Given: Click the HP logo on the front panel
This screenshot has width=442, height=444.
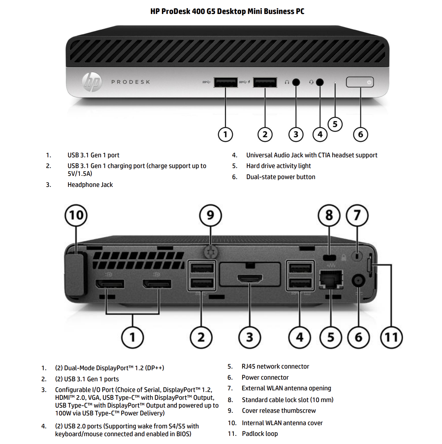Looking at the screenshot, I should [92, 82].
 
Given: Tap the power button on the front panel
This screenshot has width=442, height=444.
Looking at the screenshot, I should [360, 82].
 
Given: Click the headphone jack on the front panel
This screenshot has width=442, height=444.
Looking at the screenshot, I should [296, 82].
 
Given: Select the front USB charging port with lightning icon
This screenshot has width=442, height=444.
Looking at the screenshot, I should [265, 82].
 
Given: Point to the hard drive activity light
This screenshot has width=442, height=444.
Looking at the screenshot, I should [335, 83].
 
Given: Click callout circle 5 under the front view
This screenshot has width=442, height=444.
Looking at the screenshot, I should [335, 124].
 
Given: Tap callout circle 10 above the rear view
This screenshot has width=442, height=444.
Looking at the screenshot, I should [76, 215].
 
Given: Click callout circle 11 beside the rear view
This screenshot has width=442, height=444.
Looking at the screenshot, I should [391, 337].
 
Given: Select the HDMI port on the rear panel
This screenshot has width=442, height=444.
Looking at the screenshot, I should [250, 279].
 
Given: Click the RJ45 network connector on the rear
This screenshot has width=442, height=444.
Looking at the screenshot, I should [331, 279].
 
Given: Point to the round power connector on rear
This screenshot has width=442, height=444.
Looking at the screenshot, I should [358, 280].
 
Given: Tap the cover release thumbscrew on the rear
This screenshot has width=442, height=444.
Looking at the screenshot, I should [211, 251].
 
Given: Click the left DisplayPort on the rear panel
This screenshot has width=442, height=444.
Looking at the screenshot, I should [110, 284].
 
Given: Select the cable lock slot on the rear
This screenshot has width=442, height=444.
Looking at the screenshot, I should [330, 257].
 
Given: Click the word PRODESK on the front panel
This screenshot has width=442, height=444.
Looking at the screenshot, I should [131, 82].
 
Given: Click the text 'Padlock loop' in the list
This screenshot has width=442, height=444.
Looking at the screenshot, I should [260, 434].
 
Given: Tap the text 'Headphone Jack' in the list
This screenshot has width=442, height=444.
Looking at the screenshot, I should [90, 185].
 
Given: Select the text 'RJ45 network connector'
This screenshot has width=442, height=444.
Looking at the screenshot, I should [275, 366].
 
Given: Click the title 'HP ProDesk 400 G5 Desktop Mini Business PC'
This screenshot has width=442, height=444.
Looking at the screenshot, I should [227, 11].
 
